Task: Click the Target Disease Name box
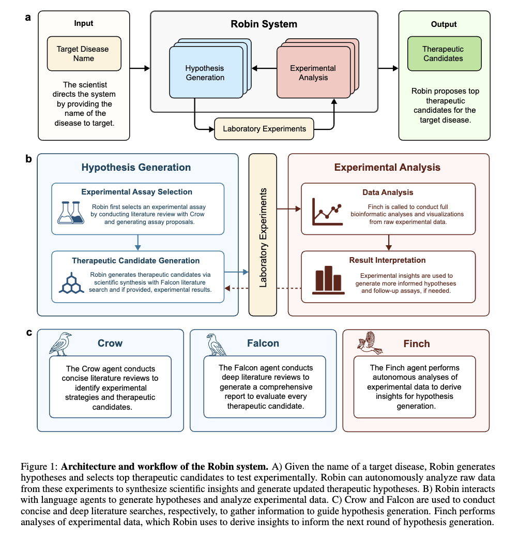tap(84, 53)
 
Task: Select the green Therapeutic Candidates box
tap(443, 53)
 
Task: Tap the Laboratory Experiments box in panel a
tap(264, 129)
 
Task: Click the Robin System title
tap(264, 24)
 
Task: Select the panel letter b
tap(29, 159)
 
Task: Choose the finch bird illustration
tap(370, 343)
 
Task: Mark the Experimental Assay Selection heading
tap(136, 192)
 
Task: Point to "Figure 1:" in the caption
tap(39, 467)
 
